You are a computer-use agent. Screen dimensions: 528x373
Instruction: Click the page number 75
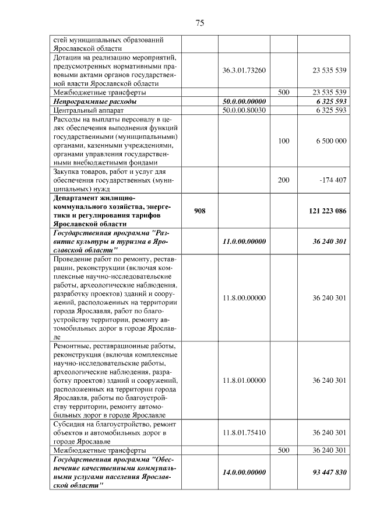(x=199, y=23)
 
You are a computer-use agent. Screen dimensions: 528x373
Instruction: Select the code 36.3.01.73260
(x=244, y=70)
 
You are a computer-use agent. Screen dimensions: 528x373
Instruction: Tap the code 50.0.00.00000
(x=244, y=101)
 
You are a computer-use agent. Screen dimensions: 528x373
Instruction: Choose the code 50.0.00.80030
(x=244, y=110)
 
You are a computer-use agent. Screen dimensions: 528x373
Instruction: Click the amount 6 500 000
(x=329, y=141)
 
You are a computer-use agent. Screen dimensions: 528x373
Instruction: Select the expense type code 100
(x=283, y=141)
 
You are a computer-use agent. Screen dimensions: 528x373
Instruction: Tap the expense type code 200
(x=283, y=180)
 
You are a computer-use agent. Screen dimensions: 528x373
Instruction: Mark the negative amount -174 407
(x=333, y=180)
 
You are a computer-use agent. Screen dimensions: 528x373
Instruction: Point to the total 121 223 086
(x=326, y=211)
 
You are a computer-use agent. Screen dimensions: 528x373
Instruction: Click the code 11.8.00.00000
(x=244, y=298)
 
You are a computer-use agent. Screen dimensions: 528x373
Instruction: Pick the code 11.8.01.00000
(x=244, y=380)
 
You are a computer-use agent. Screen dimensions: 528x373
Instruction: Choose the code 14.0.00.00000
(x=244, y=472)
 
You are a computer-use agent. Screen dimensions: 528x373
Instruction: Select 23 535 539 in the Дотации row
(x=329, y=70)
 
